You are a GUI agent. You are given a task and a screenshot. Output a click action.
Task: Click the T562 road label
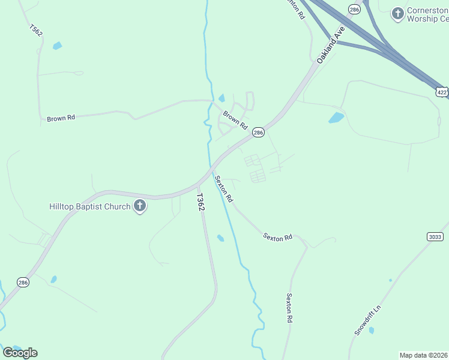(35, 29)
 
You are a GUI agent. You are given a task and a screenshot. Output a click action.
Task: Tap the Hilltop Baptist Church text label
(89, 207)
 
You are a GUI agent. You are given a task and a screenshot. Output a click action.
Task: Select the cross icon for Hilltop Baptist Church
(140, 207)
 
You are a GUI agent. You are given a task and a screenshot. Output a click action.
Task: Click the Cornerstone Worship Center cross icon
(397, 13)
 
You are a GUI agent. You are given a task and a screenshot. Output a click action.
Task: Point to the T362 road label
(201, 202)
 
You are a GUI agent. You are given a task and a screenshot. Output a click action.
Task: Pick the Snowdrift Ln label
(367, 320)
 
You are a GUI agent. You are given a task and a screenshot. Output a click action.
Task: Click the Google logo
(20, 353)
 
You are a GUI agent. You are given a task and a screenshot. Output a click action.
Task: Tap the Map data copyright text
(423, 355)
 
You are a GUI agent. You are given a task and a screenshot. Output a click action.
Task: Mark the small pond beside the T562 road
(57, 46)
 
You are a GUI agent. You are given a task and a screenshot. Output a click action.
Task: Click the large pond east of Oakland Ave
(336, 118)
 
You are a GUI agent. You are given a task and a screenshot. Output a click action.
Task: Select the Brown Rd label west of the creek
(61, 118)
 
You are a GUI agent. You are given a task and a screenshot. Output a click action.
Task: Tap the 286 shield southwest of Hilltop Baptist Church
(22, 283)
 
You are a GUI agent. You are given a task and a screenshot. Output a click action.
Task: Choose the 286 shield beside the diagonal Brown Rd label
(258, 133)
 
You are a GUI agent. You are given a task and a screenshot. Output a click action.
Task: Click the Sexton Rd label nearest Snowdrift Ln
(289, 308)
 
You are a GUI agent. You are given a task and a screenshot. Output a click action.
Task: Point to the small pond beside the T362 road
(220, 238)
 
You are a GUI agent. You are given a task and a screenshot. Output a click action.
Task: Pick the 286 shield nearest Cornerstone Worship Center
(354, 9)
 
